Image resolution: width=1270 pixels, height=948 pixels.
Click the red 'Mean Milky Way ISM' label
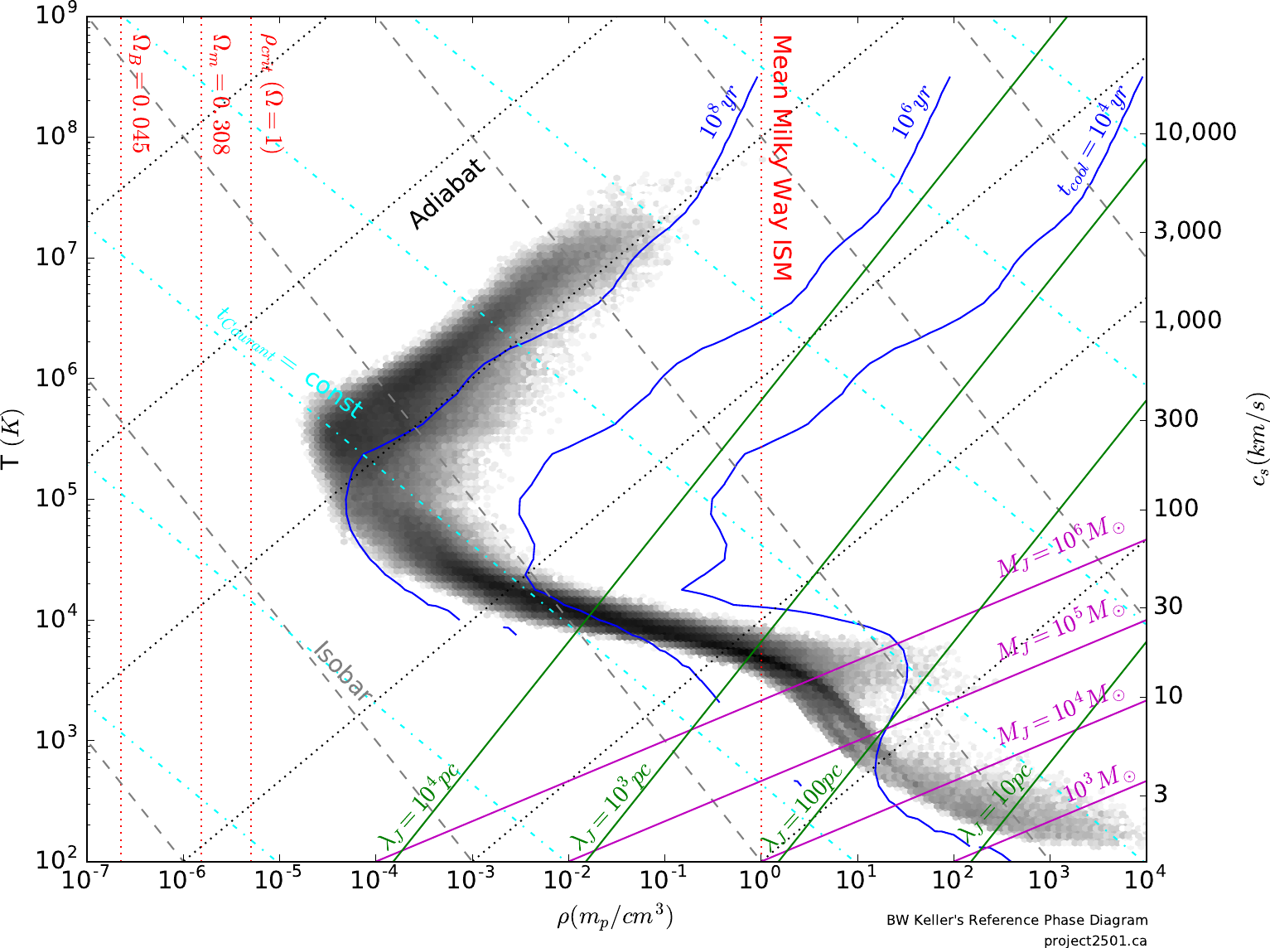pos(781,157)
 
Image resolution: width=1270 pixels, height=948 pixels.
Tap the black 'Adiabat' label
pos(447,193)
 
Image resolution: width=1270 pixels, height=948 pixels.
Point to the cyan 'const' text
pos(334,394)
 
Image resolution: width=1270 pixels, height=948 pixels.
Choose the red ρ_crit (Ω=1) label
pos(271,92)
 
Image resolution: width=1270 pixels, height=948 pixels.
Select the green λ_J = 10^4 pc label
pos(418,805)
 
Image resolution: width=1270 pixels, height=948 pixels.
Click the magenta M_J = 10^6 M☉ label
pos(1061,547)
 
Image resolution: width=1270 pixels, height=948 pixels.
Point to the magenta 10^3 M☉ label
pos(1099,783)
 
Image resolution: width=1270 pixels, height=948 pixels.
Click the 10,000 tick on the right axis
pos(1195,132)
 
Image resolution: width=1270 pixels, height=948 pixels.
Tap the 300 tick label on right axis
pos(1176,418)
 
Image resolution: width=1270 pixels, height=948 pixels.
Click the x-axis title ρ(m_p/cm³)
pos(614,918)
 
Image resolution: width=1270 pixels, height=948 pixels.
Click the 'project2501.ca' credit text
pos(1095,941)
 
